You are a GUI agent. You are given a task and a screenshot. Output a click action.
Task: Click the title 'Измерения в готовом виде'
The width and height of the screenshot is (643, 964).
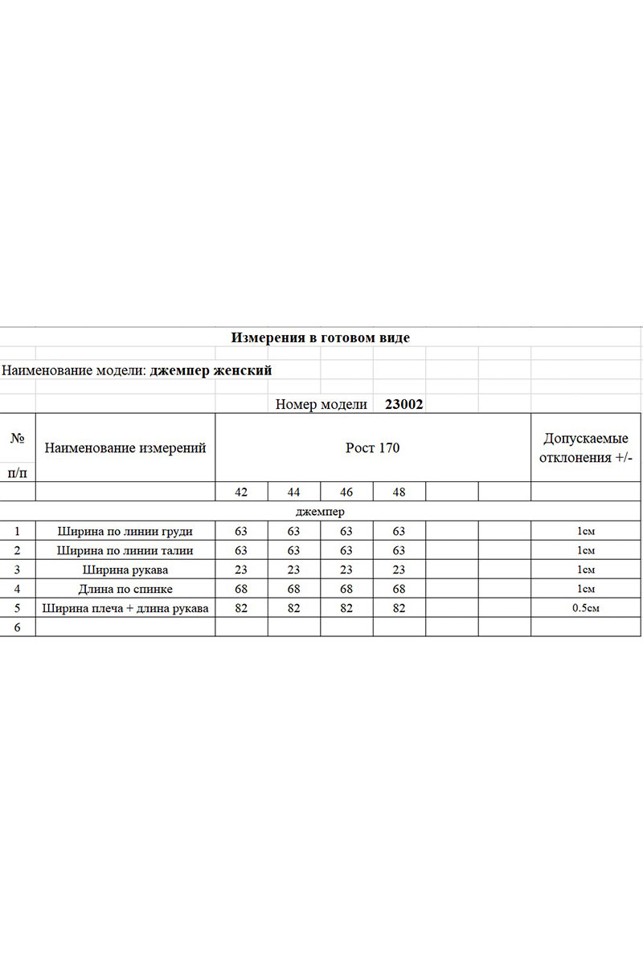pos(321,337)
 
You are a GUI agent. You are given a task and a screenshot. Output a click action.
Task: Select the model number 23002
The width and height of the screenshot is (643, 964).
pos(403,405)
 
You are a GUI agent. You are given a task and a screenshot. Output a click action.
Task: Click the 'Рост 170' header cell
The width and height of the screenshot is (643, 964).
pos(372,447)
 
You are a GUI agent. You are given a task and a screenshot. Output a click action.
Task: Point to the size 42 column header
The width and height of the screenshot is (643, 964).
pos(241,492)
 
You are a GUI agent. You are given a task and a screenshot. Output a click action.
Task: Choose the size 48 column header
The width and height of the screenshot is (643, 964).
pos(399,492)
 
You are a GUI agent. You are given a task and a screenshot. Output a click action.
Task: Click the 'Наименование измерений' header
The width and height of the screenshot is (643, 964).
pos(125,447)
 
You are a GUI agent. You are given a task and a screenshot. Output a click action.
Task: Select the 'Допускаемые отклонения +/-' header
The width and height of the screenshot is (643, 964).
pos(586,447)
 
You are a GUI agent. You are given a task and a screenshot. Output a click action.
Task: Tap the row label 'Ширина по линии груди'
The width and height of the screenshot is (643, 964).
pos(125,531)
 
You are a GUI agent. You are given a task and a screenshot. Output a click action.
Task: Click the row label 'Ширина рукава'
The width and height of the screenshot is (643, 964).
pos(125,570)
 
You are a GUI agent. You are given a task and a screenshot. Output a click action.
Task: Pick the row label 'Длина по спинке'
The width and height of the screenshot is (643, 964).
pos(125,589)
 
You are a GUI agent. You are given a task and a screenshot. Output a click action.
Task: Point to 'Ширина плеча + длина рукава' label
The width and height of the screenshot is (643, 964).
pos(125,608)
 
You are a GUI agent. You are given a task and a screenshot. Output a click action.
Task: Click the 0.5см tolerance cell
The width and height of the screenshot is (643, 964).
pos(586,608)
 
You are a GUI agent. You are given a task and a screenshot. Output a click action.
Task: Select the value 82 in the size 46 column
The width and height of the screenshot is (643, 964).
pos(346,608)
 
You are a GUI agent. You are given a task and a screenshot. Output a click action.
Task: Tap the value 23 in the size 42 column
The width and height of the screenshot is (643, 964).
pos(240,570)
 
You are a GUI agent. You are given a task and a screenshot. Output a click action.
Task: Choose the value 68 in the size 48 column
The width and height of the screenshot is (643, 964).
pos(399,589)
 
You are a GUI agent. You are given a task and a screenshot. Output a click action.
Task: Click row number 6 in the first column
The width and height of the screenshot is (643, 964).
pos(17,627)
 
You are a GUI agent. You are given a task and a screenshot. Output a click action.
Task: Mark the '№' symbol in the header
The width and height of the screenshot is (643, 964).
pos(17,438)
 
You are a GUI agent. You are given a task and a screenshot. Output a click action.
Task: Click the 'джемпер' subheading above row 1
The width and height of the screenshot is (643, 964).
pos(321,512)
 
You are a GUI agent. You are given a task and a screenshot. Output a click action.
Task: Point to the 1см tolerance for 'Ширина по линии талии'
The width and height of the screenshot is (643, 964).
pos(586,550)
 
